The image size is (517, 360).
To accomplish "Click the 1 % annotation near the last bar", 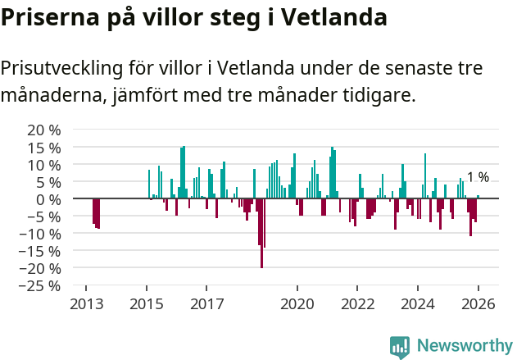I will [x=478, y=177].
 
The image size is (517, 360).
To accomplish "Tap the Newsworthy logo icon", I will [x=400, y=346].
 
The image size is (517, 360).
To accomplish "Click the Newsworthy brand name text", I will [x=464, y=346].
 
